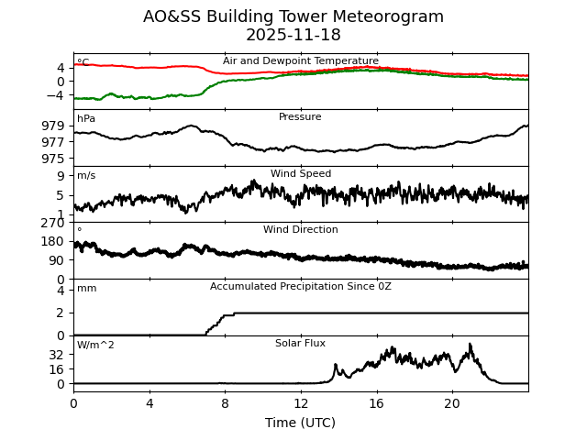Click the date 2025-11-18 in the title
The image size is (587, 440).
pyautogui.click(x=293, y=36)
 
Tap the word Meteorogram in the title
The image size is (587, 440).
pyautogui.click(x=385, y=16)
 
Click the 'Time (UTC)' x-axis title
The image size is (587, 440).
pyautogui.click(x=300, y=423)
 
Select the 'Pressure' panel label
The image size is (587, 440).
pyautogui.click(x=300, y=117)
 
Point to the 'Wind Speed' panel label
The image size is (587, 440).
pyautogui.click(x=301, y=174)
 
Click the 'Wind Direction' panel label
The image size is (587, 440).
pyautogui.click(x=301, y=230)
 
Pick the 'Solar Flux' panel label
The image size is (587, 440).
pyautogui.click(x=300, y=344)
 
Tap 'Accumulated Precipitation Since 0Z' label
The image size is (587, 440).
pyautogui.click(x=301, y=287)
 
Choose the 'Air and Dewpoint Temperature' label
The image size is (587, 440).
pyautogui.click(x=301, y=61)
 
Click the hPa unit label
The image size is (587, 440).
pyautogui.click(x=86, y=119)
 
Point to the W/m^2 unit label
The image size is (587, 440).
pyautogui.click(x=95, y=346)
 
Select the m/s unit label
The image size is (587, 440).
pyautogui.click(x=86, y=176)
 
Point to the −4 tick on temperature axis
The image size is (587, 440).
pyautogui.click(x=56, y=95)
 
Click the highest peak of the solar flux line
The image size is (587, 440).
pyautogui.click(x=471, y=345)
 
